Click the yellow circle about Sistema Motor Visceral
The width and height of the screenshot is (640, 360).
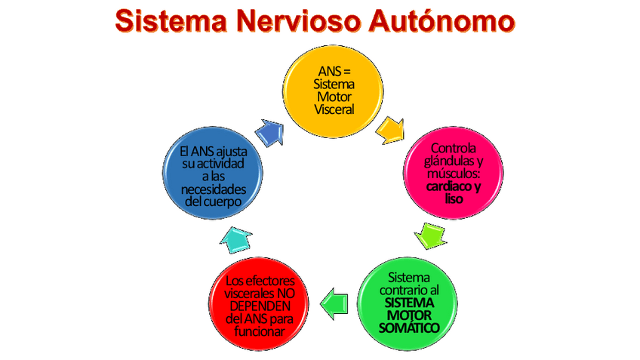click(333, 91)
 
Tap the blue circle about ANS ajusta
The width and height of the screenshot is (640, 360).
click(214, 173)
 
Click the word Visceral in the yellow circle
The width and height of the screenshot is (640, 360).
click(333, 109)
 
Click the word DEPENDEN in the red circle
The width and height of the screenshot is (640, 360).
click(258, 306)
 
